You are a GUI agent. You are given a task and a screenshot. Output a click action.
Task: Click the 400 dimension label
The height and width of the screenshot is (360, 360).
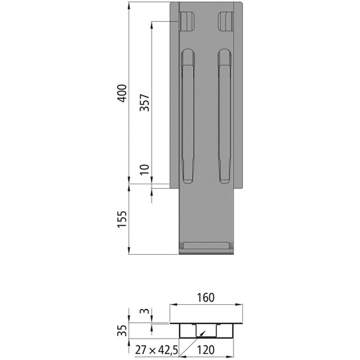[121, 95]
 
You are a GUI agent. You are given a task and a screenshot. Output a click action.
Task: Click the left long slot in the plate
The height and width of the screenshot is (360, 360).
[189, 117]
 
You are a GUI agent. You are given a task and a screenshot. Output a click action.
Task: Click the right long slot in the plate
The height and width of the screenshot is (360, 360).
[224, 117]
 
